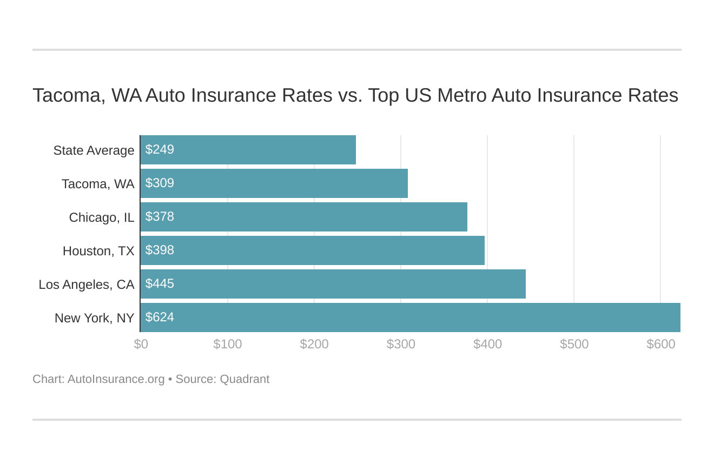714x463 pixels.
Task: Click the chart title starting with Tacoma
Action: pos(355,95)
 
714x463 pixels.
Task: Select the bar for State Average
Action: pos(248,150)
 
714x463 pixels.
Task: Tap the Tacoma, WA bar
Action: pos(274,183)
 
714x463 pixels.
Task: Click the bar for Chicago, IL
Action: pos(303,217)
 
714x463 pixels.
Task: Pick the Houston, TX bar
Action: pos(312,250)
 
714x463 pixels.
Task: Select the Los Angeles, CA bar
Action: pos(333,284)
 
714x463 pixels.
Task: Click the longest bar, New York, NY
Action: pos(410,318)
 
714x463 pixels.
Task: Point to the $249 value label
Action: pos(160,149)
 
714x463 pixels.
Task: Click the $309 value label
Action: pos(160,183)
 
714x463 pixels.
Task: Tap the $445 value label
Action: pos(160,283)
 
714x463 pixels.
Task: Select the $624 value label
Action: pos(160,317)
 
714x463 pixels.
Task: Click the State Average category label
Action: pos(94,150)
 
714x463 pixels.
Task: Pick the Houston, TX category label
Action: pos(98,251)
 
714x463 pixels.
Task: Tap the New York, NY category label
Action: pos(94,318)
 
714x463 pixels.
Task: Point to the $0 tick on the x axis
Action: pos(141,344)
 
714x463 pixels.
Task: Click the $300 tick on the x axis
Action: pos(401,344)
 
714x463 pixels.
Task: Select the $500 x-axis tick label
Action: pos(574,344)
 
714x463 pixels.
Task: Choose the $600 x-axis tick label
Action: pos(660,344)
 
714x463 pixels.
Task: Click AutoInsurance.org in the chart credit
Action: pos(116,379)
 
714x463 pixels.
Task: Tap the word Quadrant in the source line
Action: pos(244,379)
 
